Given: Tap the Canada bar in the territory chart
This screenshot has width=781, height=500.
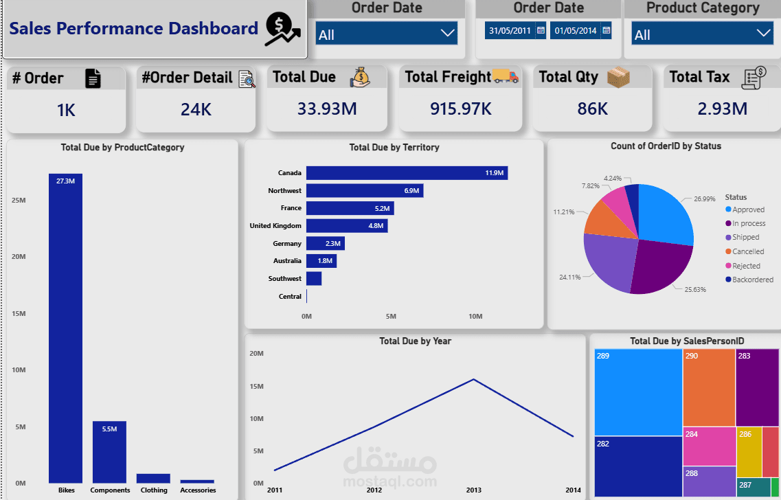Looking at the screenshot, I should click(407, 173).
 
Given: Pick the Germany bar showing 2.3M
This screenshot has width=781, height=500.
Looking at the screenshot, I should click(325, 243).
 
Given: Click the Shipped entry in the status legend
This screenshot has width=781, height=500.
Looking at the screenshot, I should click(745, 237).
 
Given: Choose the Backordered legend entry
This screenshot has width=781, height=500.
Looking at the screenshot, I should click(752, 280).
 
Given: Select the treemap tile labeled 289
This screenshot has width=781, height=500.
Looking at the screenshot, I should click(638, 391).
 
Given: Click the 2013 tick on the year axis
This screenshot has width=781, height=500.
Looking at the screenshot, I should click(474, 490).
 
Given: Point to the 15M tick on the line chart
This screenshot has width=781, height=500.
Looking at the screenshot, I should click(256, 386).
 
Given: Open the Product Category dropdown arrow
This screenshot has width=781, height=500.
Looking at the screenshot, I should click(763, 34).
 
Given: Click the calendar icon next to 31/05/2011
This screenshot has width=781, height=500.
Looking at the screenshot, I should click(541, 30).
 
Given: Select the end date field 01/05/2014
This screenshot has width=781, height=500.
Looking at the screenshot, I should click(575, 30).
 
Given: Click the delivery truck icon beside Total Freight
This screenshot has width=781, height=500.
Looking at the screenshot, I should click(506, 76).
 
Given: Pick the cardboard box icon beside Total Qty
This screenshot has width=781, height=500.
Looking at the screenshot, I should click(618, 77).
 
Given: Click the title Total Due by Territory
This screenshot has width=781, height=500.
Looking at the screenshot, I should click(394, 147).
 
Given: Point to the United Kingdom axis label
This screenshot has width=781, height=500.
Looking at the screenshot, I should click(275, 225).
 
